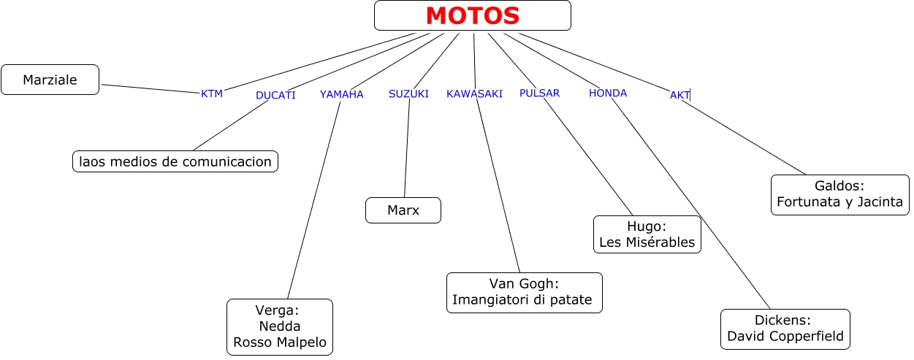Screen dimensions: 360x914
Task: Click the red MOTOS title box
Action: (x=472, y=15)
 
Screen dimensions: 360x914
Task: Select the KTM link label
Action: (x=211, y=93)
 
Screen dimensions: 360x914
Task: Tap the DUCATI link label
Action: (x=275, y=95)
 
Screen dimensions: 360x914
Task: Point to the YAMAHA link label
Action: (x=341, y=94)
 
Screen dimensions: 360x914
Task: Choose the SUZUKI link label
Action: (x=408, y=93)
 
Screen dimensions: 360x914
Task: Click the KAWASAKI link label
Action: (x=474, y=93)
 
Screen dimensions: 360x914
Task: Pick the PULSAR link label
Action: (x=539, y=93)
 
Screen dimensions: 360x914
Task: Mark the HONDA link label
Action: (x=608, y=93)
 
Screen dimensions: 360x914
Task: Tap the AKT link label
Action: (x=679, y=95)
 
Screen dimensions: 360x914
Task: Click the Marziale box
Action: (x=50, y=80)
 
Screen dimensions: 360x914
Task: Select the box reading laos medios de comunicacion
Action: (x=175, y=161)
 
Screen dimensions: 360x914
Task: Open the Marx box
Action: (x=403, y=210)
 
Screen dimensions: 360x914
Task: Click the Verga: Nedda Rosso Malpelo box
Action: (x=280, y=326)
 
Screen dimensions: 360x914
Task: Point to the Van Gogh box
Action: (x=524, y=292)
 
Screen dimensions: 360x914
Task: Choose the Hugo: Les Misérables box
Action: (x=647, y=234)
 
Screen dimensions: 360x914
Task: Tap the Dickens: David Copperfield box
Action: (x=785, y=329)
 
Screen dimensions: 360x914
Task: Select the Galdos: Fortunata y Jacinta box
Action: (x=839, y=194)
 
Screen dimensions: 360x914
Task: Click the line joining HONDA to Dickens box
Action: (x=690, y=204)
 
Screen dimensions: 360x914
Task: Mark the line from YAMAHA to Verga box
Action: (x=314, y=199)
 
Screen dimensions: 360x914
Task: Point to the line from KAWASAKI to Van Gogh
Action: (x=498, y=186)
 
